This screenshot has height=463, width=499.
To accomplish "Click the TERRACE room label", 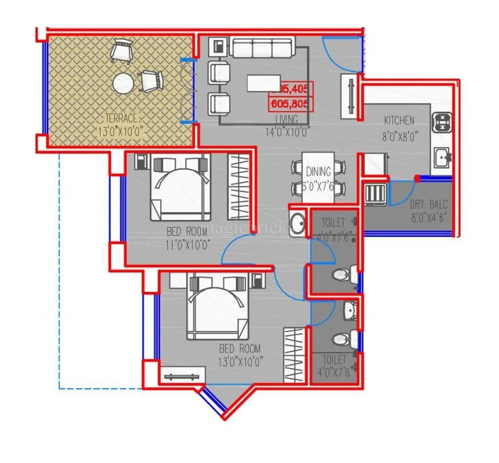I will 121,118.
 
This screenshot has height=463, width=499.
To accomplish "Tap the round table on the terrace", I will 123,83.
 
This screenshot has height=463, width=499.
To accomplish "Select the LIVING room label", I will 286,119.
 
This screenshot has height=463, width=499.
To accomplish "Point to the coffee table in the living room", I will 264,83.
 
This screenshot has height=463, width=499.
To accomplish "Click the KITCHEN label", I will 399,120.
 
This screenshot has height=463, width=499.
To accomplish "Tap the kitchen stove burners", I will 442,123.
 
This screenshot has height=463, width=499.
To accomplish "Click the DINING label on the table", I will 319,172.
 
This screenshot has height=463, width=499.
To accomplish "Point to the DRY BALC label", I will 428,205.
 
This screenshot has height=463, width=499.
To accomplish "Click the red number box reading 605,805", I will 291,104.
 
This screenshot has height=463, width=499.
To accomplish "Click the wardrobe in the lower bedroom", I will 294,355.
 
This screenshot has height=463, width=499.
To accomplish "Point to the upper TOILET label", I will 333,223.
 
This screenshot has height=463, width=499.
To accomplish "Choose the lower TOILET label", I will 334,360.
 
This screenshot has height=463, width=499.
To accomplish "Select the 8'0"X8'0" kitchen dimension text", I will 401,136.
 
